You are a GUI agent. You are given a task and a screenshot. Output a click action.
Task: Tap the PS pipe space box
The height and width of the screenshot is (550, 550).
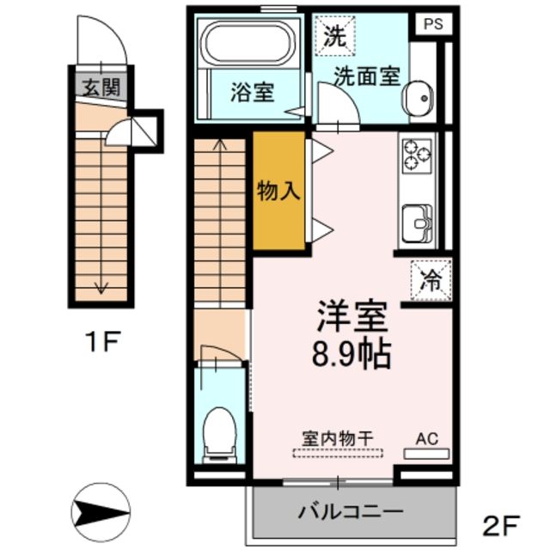coord(432,24)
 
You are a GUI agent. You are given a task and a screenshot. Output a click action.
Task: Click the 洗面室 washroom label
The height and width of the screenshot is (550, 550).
coord(369,76)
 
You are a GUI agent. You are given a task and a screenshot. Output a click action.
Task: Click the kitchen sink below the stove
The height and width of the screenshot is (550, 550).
coord(416,223)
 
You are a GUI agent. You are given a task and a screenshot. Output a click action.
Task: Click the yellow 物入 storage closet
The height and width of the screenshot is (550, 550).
coord(279,191)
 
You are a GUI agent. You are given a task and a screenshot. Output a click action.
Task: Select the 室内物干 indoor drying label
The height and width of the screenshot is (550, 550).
coord(336,437)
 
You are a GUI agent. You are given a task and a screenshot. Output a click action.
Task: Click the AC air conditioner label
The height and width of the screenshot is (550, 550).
coord(427,438)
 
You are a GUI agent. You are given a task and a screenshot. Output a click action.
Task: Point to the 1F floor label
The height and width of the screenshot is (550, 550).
coord(101,344)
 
